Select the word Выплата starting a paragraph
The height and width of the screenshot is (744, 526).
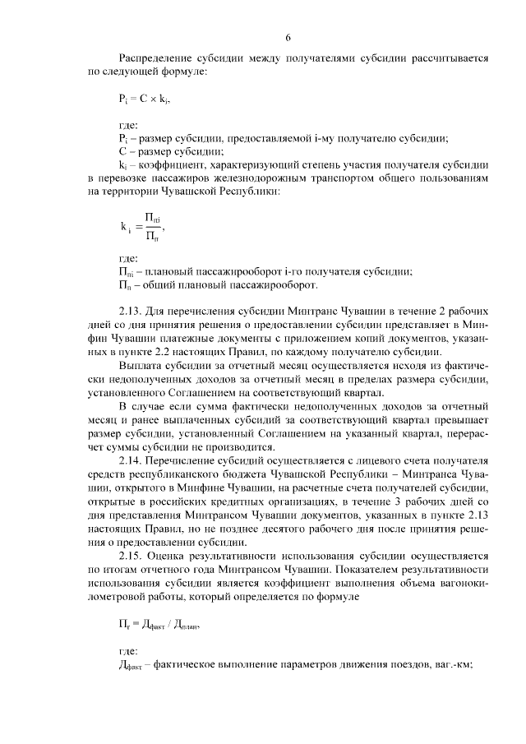[142, 364]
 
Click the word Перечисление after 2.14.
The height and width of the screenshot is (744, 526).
[188, 459]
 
